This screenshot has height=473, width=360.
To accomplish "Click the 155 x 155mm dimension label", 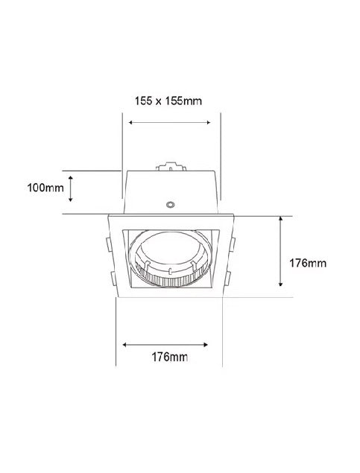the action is pos(168,101).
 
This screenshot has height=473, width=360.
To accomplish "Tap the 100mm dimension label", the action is pos(45,188).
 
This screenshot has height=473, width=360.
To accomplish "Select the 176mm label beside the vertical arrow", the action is pos(308,263).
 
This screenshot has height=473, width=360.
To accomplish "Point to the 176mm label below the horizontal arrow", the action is pos(170,357).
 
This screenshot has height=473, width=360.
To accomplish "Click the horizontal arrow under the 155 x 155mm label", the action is pos(169,122).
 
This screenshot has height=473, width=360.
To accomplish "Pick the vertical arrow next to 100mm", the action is pos(71,189).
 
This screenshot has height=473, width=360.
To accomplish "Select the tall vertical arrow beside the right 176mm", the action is pos(281,251).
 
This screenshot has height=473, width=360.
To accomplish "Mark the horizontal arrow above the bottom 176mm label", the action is pos(165,345).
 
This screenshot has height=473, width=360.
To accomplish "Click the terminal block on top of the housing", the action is pos(171,167).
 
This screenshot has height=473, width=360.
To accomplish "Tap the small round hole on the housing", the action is pos(171,205).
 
